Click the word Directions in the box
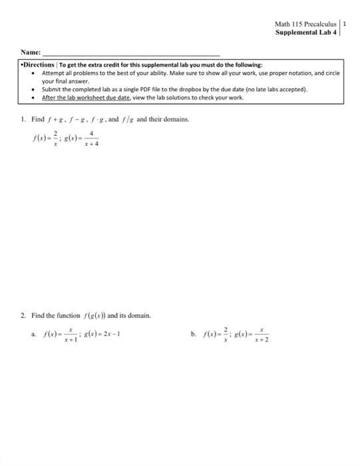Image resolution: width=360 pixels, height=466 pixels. pos(41,65)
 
